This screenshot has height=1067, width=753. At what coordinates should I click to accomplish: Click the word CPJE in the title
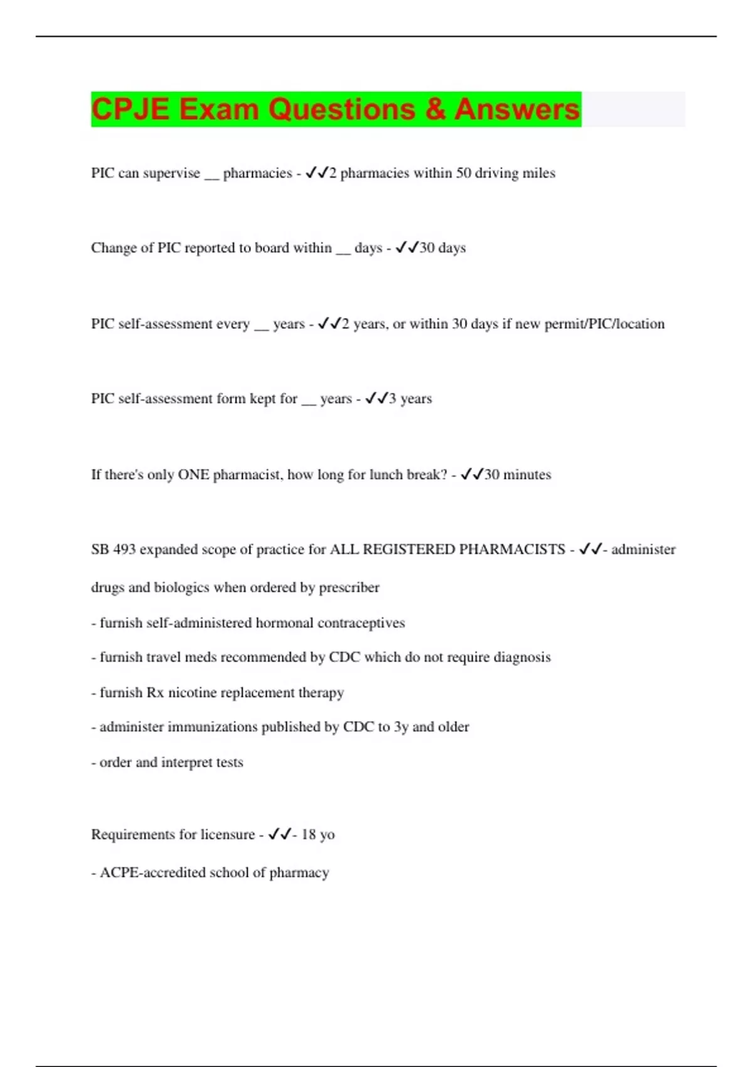coord(130,109)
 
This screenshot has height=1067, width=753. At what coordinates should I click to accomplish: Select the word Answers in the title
coord(517,109)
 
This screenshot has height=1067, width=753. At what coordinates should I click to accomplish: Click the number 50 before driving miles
coord(463,173)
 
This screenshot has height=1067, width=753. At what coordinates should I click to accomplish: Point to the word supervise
coord(171,173)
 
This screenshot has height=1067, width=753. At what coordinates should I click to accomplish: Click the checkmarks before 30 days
coord(407,248)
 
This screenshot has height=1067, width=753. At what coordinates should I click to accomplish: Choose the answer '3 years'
coord(410,399)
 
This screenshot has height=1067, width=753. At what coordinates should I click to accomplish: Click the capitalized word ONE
coord(193,475)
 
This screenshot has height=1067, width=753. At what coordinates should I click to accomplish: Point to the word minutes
coord(527,475)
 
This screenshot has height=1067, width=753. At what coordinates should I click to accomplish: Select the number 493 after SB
coord(124,550)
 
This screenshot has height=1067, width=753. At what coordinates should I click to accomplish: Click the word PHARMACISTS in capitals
coord(512,550)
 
